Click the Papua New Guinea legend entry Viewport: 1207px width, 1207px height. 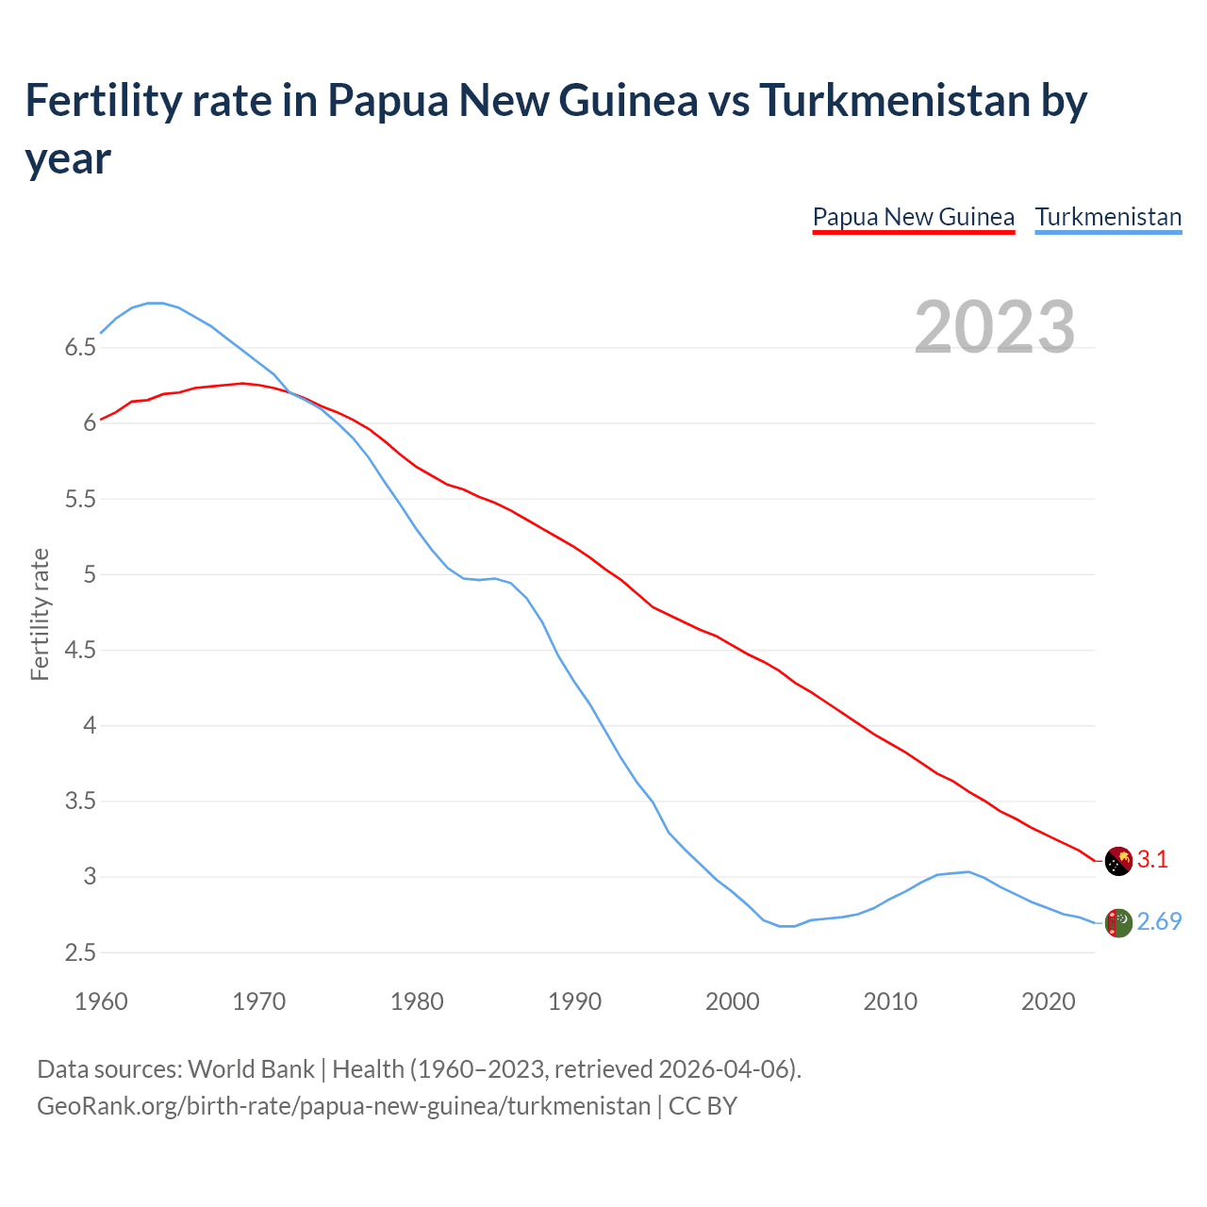[913, 217]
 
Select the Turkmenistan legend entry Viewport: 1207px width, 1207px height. [1108, 217]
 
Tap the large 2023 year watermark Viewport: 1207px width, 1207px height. [994, 327]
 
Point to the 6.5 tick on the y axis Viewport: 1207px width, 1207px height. [80, 348]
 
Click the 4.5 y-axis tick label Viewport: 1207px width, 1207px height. [80, 651]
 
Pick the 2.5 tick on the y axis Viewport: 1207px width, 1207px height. [80, 952]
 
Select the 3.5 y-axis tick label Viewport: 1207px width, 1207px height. [80, 802]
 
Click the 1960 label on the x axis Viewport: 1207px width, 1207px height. [101, 1001]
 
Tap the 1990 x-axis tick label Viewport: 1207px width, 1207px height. [574, 1001]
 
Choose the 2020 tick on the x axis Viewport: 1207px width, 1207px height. [1048, 1001]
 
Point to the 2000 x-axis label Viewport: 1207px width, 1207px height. [733, 1001]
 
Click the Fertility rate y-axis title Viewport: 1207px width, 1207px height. [40, 614]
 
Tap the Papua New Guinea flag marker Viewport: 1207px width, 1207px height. [1118, 860]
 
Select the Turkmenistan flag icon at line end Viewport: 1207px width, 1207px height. [1118, 923]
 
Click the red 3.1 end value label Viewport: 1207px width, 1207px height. [1152, 860]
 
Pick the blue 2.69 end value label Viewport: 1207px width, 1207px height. [1159, 922]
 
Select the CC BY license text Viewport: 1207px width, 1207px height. [703, 1105]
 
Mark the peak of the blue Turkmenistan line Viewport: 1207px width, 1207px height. [156, 303]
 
